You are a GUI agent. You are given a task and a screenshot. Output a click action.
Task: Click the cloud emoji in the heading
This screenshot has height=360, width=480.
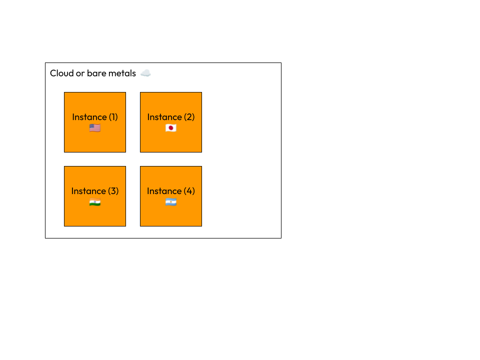pyautogui.click(x=145, y=73)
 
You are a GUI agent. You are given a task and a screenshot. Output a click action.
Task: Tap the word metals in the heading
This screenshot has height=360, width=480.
pyautogui.click(x=122, y=73)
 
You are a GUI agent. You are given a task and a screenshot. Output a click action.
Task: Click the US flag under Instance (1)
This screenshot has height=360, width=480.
pyautogui.click(x=95, y=128)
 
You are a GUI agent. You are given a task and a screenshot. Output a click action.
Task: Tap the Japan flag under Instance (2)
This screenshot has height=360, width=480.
pyautogui.click(x=171, y=128)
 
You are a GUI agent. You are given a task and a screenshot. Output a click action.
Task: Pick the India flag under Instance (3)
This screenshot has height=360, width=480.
pyautogui.click(x=95, y=202)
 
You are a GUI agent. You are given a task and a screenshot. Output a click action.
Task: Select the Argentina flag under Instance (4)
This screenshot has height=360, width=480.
pyautogui.click(x=171, y=202)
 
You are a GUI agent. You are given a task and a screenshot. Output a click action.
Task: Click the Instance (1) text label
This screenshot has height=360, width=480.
pyautogui.click(x=95, y=117)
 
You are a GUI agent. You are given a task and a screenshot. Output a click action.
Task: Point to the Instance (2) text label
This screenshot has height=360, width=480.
pyautogui.click(x=171, y=117)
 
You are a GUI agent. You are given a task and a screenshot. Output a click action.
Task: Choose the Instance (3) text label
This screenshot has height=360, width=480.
pyautogui.click(x=95, y=191)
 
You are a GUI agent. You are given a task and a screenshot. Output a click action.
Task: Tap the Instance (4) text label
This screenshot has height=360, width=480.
pyautogui.click(x=171, y=191)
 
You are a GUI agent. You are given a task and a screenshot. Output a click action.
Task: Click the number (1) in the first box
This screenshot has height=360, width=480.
pyautogui.click(x=113, y=117)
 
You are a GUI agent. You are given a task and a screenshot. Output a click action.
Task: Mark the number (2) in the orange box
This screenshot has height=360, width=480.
pyautogui.click(x=189, y=117)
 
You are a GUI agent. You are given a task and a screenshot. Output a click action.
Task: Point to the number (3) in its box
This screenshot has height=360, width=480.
pyautogui.click(x=113, y=191)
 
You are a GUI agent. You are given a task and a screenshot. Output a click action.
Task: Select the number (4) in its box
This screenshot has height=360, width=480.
pyautogui.click(x=189, y=191)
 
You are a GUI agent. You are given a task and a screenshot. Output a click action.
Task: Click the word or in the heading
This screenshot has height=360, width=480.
pyautogui.click(x=80, y=73)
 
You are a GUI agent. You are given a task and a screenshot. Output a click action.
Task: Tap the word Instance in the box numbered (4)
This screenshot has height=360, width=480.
pyautogui.click(x=164, y=191)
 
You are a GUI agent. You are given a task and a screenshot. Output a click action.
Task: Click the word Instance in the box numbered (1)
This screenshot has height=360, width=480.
pyautogui.click(x=89, y=117)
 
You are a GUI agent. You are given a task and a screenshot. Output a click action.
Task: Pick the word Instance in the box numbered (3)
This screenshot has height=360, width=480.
pyautogui.click(x=88, y=191)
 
